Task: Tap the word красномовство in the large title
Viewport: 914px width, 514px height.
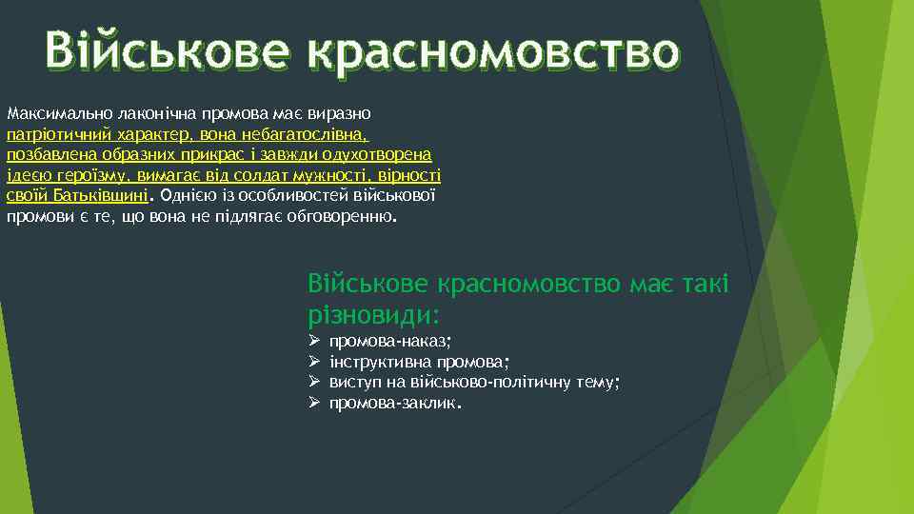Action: click(494, 50)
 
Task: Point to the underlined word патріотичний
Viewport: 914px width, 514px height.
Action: click(51, 134)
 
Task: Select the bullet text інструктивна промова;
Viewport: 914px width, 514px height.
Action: click(419, 362)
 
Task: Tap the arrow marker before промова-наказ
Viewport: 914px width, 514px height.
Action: click(314, 341)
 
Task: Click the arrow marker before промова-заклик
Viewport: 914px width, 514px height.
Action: click(314, 404)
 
